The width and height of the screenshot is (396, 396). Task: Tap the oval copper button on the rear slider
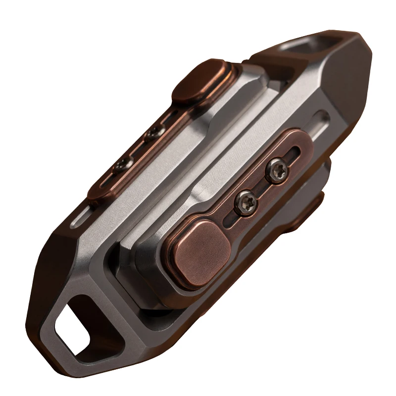204,80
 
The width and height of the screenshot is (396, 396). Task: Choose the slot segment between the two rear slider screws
139,148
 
